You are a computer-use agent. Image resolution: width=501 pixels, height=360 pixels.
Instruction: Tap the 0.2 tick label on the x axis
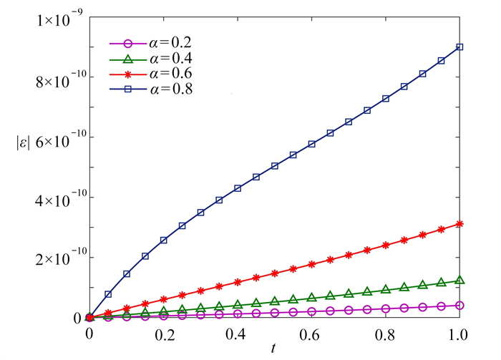[163, 334]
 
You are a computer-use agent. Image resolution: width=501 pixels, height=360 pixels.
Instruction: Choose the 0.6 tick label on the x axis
[311, 334]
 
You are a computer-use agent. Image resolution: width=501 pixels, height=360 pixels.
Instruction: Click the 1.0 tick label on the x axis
[458, 334]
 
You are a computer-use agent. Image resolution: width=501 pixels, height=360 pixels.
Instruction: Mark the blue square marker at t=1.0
[459, 47]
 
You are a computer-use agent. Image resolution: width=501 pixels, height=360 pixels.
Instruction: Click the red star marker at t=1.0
[459, 224]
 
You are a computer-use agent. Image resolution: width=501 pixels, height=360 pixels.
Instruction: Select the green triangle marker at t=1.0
[459, 280]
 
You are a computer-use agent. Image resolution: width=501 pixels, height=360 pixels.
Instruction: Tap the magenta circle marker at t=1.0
[459, 306]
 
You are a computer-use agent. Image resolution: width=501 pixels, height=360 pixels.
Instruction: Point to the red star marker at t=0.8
[386, 245]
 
